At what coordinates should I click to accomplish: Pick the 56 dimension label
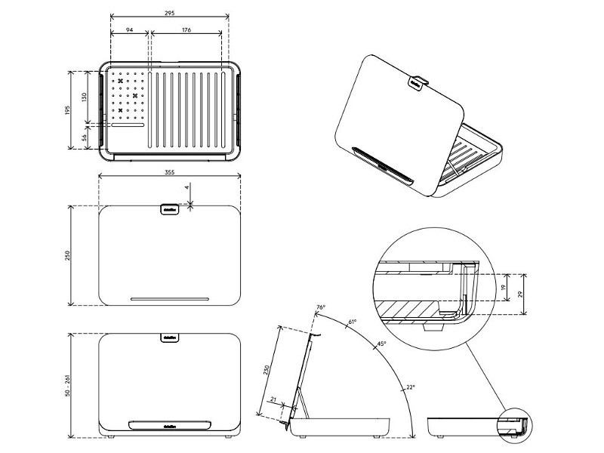[x=85, y=136]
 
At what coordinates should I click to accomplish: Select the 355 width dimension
[x=169, y=173]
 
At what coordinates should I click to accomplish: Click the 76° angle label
[x=320, y=308]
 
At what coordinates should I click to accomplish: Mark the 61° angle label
[x=351, y=322]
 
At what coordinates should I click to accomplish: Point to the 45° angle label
[x=382, y=344]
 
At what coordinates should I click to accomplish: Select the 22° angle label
[x=410, y=387]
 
